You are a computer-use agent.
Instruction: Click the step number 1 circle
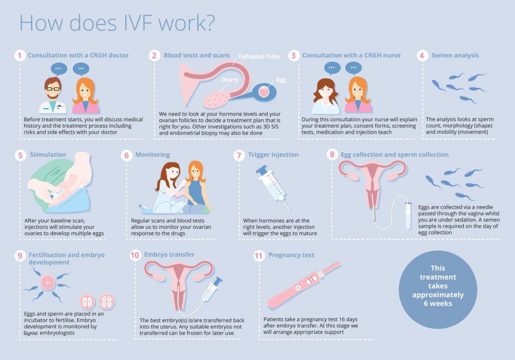[20, 55]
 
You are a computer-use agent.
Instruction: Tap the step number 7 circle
[239, 155]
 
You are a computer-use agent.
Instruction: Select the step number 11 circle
[259, 255]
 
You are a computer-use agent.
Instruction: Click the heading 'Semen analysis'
[455, 55]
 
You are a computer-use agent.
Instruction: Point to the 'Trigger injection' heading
[273, 155]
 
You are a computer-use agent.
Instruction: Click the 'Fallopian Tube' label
[259, 56]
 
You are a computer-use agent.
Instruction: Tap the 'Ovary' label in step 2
[229, 80]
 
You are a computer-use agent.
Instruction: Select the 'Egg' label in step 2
[281, 80]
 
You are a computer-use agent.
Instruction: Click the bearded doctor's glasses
[52, 88]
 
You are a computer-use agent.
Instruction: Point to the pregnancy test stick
[304, 285]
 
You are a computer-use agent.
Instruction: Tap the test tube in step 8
[408, 216]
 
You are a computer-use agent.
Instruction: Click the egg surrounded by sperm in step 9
[48, 283]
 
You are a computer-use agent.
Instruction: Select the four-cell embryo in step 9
[107, 302]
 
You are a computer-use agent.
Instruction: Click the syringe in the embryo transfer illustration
[212, 290]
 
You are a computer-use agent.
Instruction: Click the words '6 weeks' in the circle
[438, 304]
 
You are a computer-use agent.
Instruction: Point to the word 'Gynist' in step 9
[31, 333]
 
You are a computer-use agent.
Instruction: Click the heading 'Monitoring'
[153, 155]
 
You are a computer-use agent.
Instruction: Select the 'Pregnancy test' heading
[291, 255]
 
